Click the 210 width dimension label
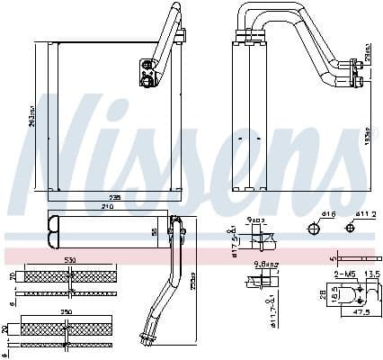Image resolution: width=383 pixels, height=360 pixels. [x=108, y=206]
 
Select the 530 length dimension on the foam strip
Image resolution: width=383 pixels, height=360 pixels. [x=68, y=262]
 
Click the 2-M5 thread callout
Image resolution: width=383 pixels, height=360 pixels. [x=343, y=273]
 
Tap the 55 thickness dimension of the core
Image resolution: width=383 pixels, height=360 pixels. [x=154, y=231]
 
